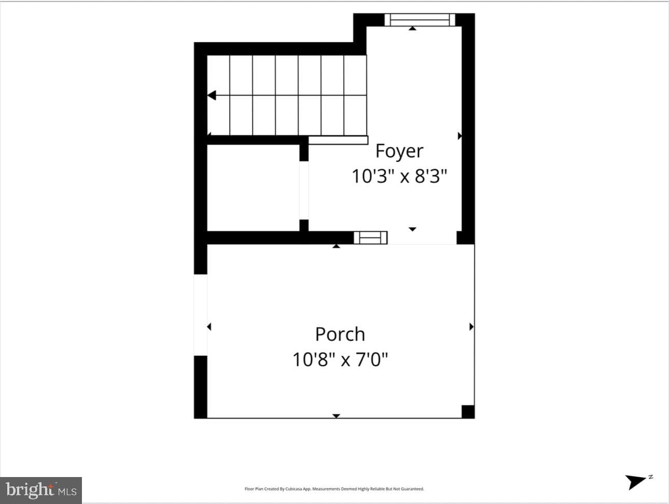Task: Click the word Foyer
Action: click(x=399, y=151)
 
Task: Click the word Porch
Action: click(x=340, y=334)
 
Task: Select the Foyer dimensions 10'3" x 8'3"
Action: click(x=399, y=176)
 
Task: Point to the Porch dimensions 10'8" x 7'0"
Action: click(x=340, y=359)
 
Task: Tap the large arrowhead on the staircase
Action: click(x=212, y=95)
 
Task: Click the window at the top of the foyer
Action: click(x=420, y=20)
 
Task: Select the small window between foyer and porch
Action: click(x=370, y=237)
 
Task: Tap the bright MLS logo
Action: click(x=41, y=491)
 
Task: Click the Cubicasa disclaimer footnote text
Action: click(x=334, y=489)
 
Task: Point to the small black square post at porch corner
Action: click(x=468, y=412)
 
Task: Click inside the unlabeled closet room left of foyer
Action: click(x=253, y=188)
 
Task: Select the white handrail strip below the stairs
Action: click(x=338, y=140)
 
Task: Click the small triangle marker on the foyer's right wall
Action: click(x=459, y=136)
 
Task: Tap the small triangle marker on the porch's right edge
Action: click(x=471, y=327)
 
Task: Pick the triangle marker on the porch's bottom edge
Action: click(x=336, y=416)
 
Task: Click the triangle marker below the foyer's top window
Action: click(x=412, y=29)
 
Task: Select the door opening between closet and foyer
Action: click(x=304, y=190)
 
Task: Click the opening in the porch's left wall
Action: click(x=201, y=315)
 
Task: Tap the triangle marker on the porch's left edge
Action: click(x=209, y=327)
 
